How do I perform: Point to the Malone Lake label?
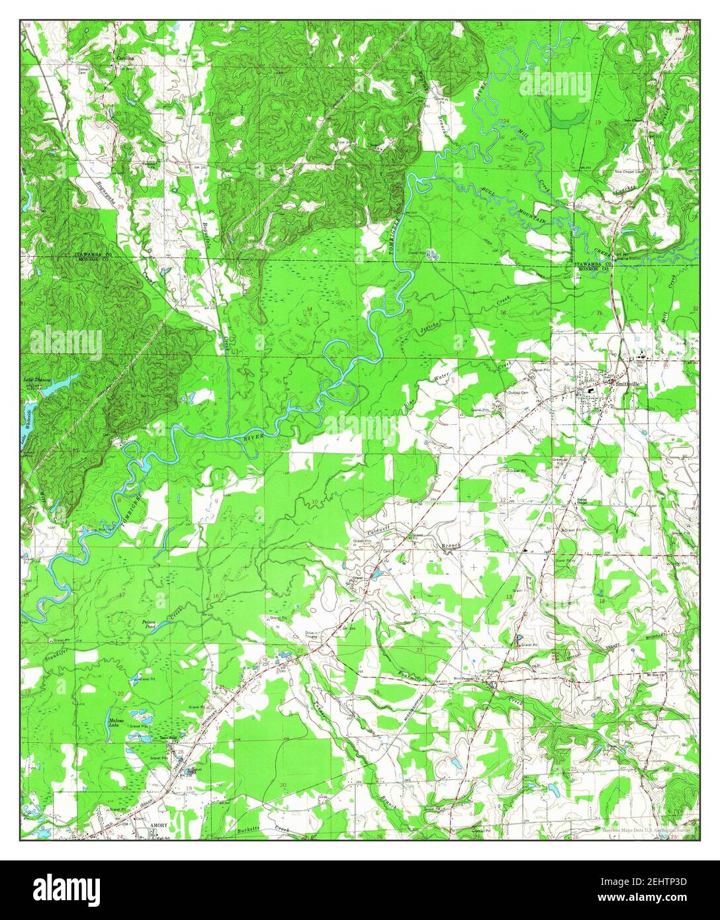tap(116, 723)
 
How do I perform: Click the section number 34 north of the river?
tap(309, 309)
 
